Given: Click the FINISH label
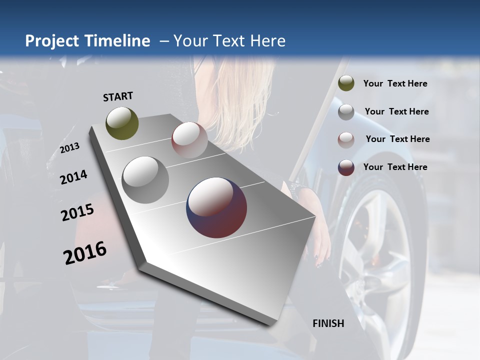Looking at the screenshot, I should pyautogui.click(x=328, y=323).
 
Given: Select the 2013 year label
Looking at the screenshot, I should pyautogui.click(x=69, y=148).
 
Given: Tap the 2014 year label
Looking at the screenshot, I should pyautogui.click(x=73, y=177).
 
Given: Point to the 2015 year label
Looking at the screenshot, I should pyautogui.click(x=77, y=212).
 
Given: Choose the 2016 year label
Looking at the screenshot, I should pyautogui.click(x=85, y=252).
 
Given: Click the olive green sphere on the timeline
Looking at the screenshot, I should pyautogui.click(x=122, y=123).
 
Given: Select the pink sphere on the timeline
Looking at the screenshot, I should pyautogui.click(x=189, y=140).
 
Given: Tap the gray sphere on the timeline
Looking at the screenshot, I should pyautogui.click(x=145, y=179).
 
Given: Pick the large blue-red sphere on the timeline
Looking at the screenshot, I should pyautogui.click(x=216, y=207).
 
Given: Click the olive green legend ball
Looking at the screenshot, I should pyautogui.click(x=346, y=83).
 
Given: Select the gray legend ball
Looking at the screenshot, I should pyautogui.click(x=346, y=112).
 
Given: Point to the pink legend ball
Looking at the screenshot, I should pyautogui.click(x=346, y=140).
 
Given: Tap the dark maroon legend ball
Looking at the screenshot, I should pyautogui.click(x=346, y=167).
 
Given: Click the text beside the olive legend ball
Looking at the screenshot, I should pyautogui.click(x=395, y=84).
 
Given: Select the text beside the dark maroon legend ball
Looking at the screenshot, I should pyautogui.click(x=395, y=167).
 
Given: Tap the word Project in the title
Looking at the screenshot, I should pyautogui.click(x=52, y=41).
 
